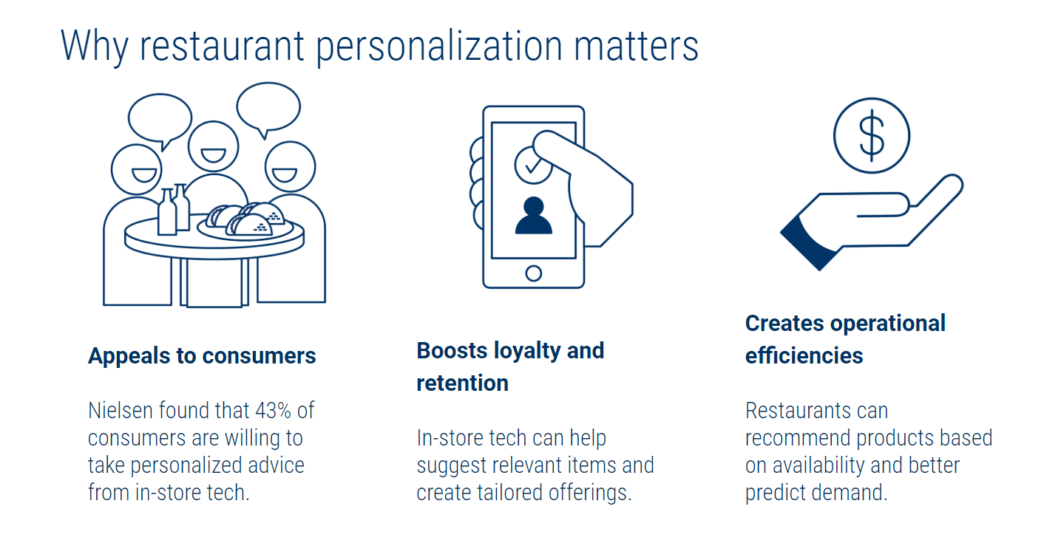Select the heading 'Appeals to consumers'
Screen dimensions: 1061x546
point(202,356)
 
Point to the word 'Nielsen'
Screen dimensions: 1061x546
point(121,410)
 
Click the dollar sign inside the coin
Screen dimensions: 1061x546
point(872,136)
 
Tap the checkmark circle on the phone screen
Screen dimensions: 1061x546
point(533,165)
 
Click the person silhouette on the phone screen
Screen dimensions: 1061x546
point(533,215)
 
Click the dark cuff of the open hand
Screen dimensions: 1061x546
point(808,242)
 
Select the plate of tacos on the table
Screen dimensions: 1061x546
point(245,222)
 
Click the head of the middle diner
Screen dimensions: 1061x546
point(213,146)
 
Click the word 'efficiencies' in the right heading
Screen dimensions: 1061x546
point(804,356)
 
